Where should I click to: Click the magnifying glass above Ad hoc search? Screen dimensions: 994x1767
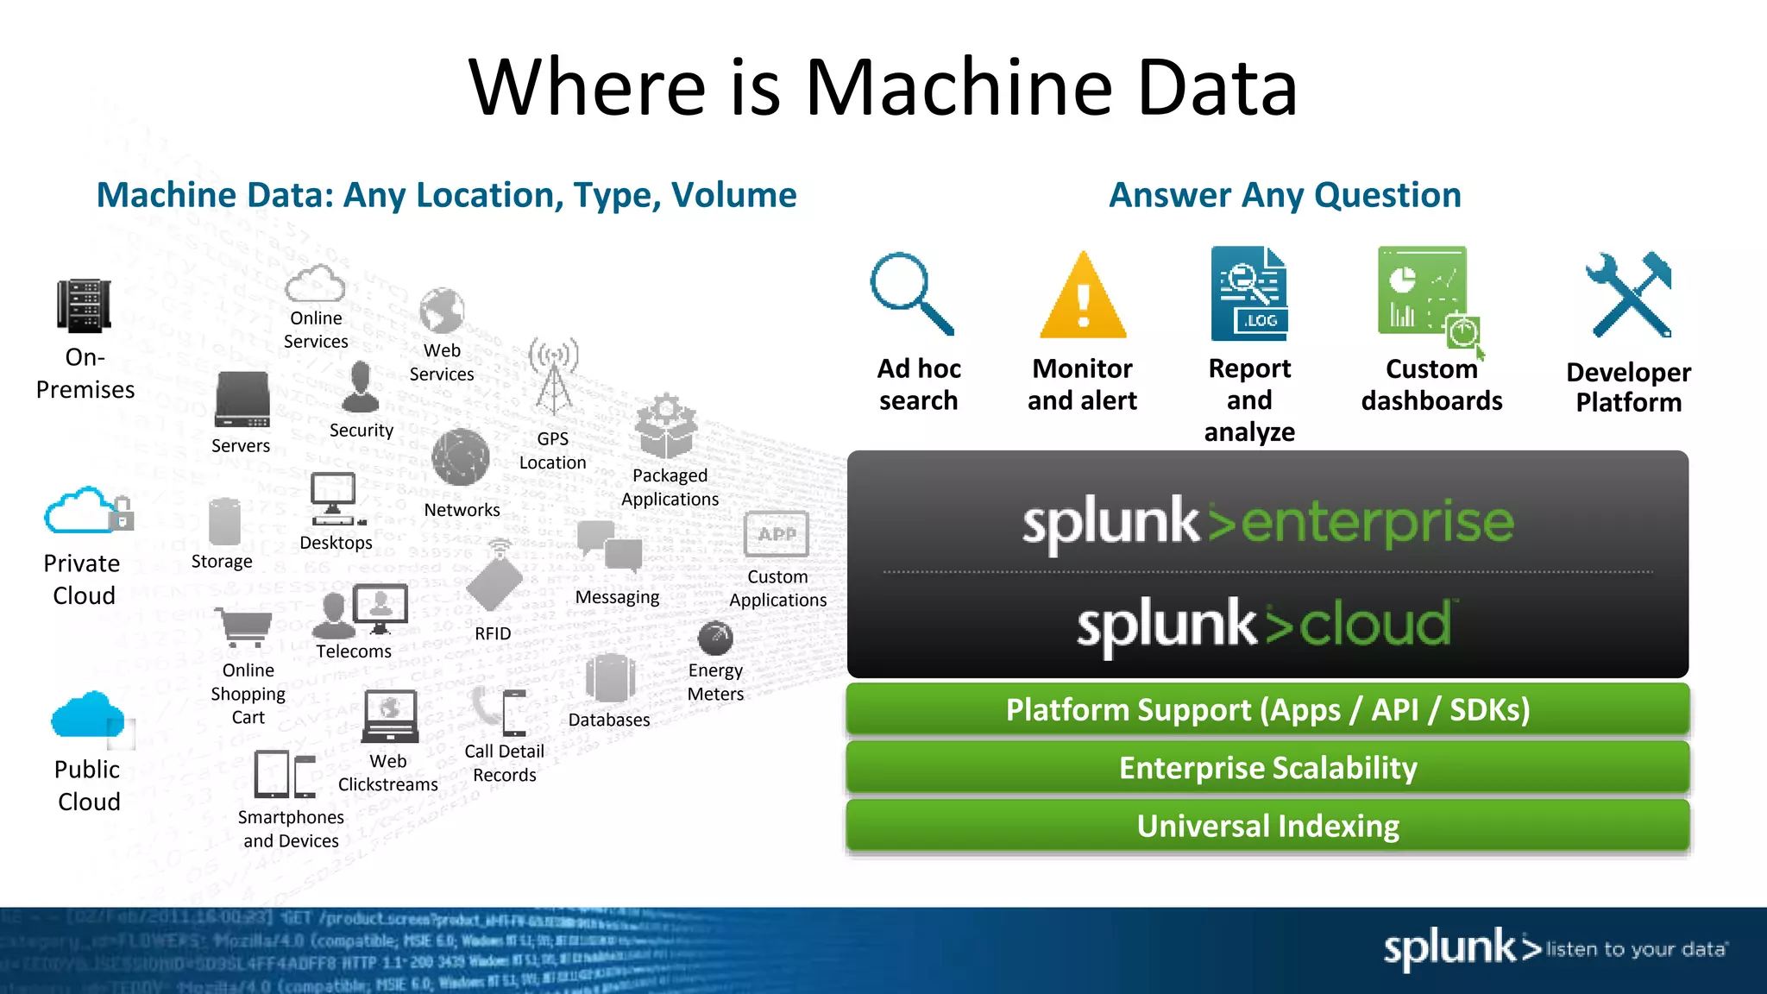[909, 293]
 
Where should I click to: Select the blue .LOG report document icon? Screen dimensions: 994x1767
[1248, 293]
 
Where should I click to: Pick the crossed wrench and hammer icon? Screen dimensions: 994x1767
[1630, 294]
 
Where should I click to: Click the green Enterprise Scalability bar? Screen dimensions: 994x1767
[1267, 767]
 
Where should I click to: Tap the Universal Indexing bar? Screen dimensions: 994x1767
[1267, 826]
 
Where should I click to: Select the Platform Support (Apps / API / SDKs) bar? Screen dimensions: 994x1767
[1267, 709]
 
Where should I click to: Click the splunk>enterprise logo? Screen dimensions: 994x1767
[1267, 523]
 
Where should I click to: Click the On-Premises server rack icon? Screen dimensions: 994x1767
[84, 306]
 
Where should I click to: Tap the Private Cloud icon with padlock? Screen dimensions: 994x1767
[87, 512]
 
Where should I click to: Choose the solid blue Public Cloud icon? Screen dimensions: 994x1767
[87, 715]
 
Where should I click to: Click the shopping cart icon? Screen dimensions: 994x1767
[244, 626]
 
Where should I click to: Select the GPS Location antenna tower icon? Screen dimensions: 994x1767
[553, 377]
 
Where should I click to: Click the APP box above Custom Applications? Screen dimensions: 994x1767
[777, 534]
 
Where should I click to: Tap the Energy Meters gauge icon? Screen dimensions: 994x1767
[715, 639]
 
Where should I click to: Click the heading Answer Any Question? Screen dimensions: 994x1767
[1285, 195]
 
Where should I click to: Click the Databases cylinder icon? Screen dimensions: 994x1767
[610, 678]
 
